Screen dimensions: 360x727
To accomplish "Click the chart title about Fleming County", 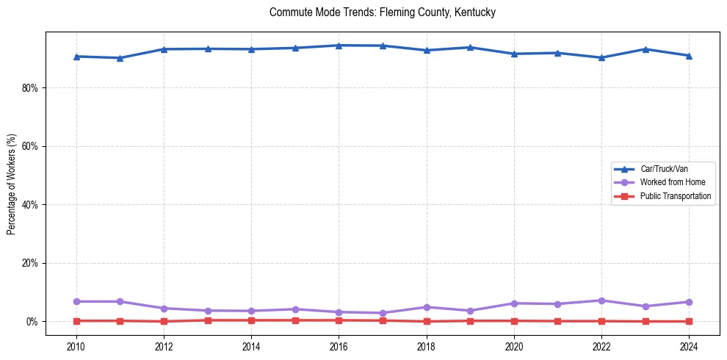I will [x=383, y=12].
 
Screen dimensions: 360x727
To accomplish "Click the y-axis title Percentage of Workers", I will [x=11, y=184].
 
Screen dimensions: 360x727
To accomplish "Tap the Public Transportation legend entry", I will [x=675, y=196].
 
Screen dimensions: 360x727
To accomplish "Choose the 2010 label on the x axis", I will [x=76, y=346].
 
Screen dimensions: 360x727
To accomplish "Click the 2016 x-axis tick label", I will [x=339, y=346].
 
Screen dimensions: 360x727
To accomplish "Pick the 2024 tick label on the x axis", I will [x=689, y=346].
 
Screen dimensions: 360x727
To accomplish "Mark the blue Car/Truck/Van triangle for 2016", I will [x=339, y=46].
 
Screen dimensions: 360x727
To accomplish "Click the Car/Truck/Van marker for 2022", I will [x=601, y=57].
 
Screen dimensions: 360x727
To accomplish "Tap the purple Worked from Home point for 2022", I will [x=601, y=300].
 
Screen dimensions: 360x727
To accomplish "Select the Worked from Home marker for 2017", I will [x=383, y=313].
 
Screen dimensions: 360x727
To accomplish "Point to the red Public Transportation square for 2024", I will [x=689, y=321].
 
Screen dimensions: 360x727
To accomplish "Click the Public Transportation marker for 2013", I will [x=208, y=320].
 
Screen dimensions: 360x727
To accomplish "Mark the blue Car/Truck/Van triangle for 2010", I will [x=76, y=57].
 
